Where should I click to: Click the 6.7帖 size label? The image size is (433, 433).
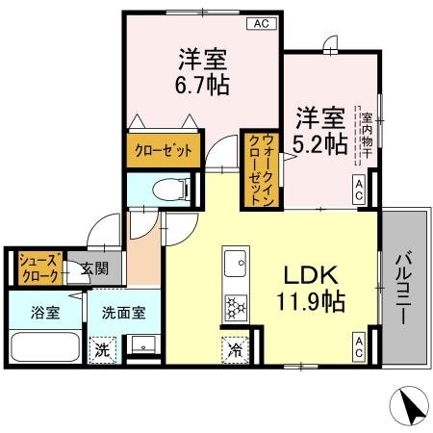pyautogui.click(x=202, y=85)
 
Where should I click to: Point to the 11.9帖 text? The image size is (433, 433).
pyautogui.click(x=310, y=299)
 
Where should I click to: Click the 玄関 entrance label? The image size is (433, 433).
pyautogui.click(x=94, y=270)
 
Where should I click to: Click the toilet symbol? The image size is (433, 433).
pyautogui.click(x=174, y=189)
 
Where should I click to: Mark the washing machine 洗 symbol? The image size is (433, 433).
pyautogui.click(x=100, y=349)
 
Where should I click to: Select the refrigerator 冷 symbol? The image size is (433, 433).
pyautogui.click(x=235, y=349)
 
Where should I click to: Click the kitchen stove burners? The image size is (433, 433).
pyautogui.click(x=236, y=307)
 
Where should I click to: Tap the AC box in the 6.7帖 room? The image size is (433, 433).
pyautogui.click(x=260, y=24)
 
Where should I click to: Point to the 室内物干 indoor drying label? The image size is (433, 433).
pyautogui.click(x=367, y=135)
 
